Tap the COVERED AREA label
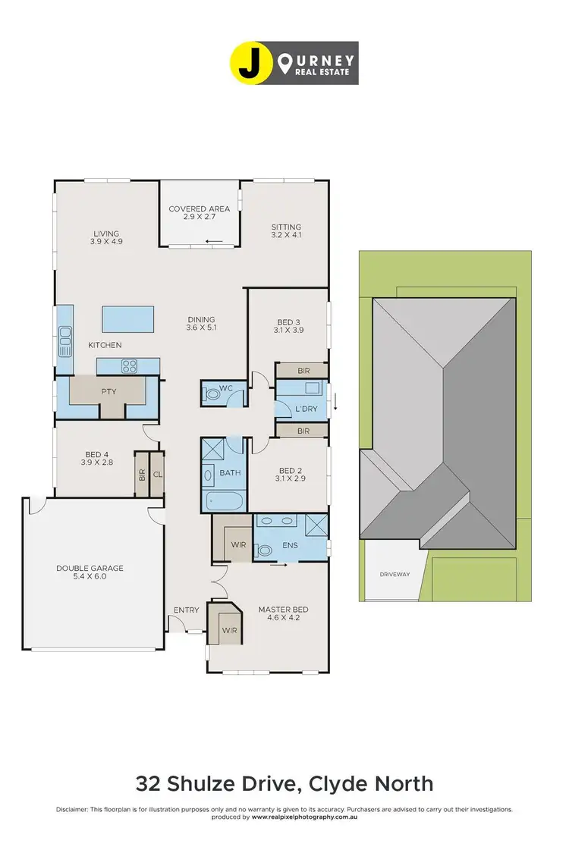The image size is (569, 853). pyautogui.click(x=200, y=209)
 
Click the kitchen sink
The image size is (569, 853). pyautogui.click(x=65, y=333)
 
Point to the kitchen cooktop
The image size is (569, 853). pyautogui.click(x=128, y=367)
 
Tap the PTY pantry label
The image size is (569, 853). pyautogui.click(x=108, y=393)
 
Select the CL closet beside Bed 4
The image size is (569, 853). pyautogui.click(x=157, y=474)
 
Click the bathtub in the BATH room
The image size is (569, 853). pyautogui.click(x=224, y=501)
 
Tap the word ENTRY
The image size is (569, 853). pyautogui.click(x=186, y=610)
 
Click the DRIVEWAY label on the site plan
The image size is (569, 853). pyautogui.click(x=395, y=574)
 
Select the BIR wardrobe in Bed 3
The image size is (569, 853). pyautogui.click(x=303, y=371)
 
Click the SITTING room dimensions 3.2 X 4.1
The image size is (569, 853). pyautogui.click(x=286, y=236)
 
